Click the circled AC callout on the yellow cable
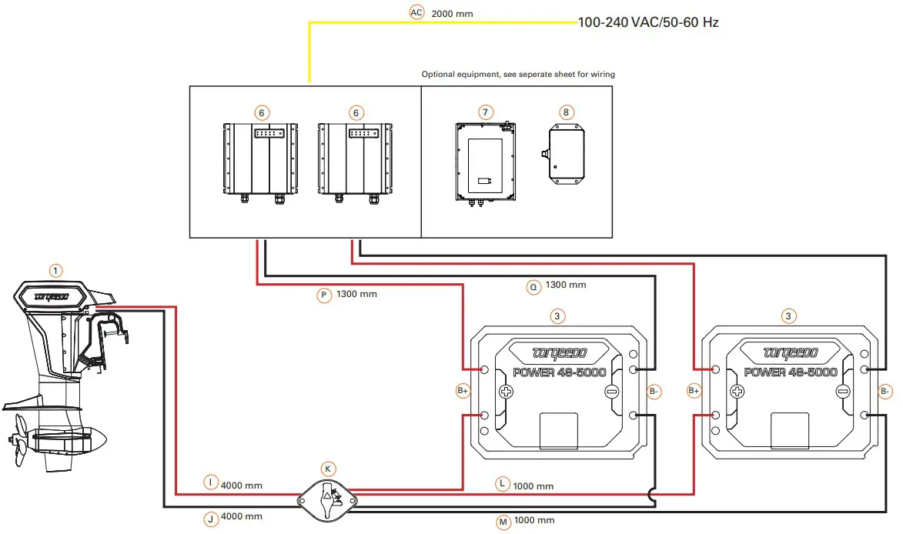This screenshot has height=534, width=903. coord(416,12)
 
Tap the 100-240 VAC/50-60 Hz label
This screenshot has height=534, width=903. coord(648,22)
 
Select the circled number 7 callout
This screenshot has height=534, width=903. coord(486,112)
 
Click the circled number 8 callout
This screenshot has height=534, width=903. coord(566,112)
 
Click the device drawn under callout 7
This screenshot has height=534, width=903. coord(486,163)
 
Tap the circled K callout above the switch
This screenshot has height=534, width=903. coord(328,469)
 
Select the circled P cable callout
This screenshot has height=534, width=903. coord(324,295)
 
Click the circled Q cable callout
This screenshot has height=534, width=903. coord(533,286)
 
